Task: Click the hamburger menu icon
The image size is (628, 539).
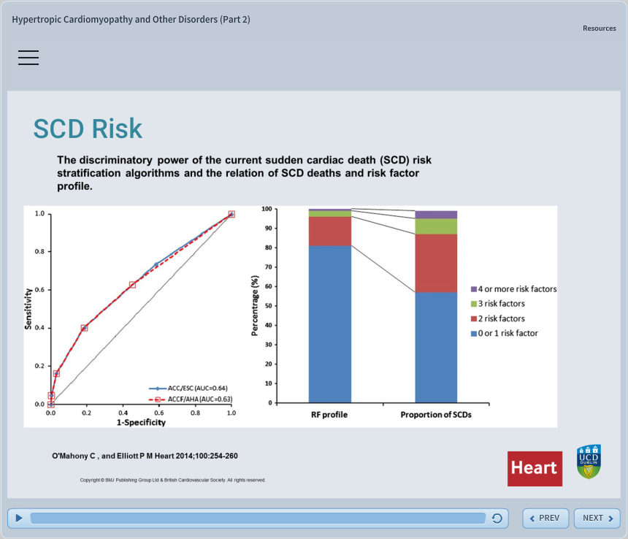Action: pyautogui.click(x=28, y=58)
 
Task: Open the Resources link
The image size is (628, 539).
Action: pyautogui.click(x=599, y=28)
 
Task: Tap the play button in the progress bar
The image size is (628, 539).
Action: pyautogui.click(x=19, y=518)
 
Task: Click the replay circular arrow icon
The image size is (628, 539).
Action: pyautogui.click(x=497, y=519)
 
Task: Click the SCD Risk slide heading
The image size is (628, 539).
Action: pyautogui.click(x=88, y=129)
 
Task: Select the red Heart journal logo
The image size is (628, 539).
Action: pyautogui.click(x=535, y=468)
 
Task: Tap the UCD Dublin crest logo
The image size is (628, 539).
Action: pyautogui.click(x=589, y=462)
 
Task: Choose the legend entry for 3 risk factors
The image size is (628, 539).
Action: pyautogui.click(x=501, y=304)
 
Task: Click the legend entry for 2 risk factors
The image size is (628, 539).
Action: pyautogui.click(x=501, y=318)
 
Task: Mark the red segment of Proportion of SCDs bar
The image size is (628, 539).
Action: pyautogui.click(x=436, y=263)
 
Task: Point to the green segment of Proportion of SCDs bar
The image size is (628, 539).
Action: pyautogui.click(x=436, y=226)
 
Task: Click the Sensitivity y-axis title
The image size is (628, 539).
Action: pyautogui.click(x=29, y=309)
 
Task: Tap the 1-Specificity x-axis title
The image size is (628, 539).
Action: pyautogui.click(x=141, y=422)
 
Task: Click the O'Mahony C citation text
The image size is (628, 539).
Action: pyautogui.click(x=145, y=456)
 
